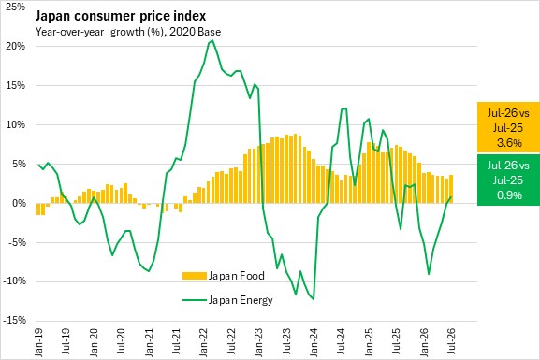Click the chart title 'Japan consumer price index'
121,16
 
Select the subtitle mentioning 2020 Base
128,32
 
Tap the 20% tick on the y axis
16,46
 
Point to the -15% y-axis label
14,321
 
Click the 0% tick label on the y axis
19,203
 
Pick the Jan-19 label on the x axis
39,342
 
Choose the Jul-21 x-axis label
176,342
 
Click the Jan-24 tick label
314,342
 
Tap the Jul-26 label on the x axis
451,341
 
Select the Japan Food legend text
237,276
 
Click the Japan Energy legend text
241,300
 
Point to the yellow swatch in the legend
195,276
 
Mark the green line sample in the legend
195,300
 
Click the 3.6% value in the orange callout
509,142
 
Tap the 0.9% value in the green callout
509,195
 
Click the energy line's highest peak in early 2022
212,40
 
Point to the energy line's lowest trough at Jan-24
314,299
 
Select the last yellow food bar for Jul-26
451,189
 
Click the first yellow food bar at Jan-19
38,209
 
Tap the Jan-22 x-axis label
204,342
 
